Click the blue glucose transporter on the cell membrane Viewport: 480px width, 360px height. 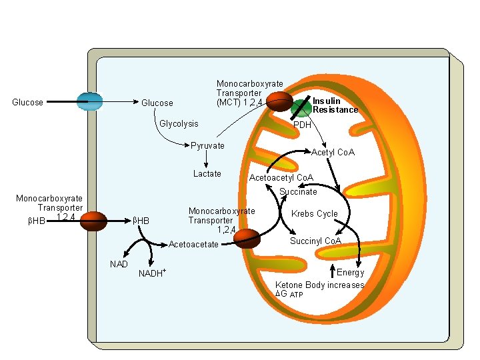tap(89, 101)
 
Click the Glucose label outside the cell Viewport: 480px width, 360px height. tap(28, 103)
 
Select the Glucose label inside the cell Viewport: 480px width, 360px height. tap(157, 103)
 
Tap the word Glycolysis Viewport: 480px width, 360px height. tap(179, 124)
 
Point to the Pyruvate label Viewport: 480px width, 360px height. tap(208, 146)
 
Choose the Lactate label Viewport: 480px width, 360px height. tap(207, 174)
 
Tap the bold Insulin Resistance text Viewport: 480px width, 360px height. tap(335, 105)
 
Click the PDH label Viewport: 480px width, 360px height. tap(303, 125)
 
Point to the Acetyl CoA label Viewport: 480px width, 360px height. tap(333, 153)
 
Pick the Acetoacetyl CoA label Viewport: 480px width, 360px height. tap(281, 178)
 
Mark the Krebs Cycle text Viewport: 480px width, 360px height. tap(314, 214)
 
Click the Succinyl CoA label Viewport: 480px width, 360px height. tap(315, 241)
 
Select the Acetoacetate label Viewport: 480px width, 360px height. tap(193, 245)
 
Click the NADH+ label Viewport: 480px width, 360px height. tap(152, 274)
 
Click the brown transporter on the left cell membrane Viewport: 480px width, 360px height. tap(93, 221)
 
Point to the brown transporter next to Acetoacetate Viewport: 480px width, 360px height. tap(247, 238)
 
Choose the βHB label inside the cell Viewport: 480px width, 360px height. tap(141, 221)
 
